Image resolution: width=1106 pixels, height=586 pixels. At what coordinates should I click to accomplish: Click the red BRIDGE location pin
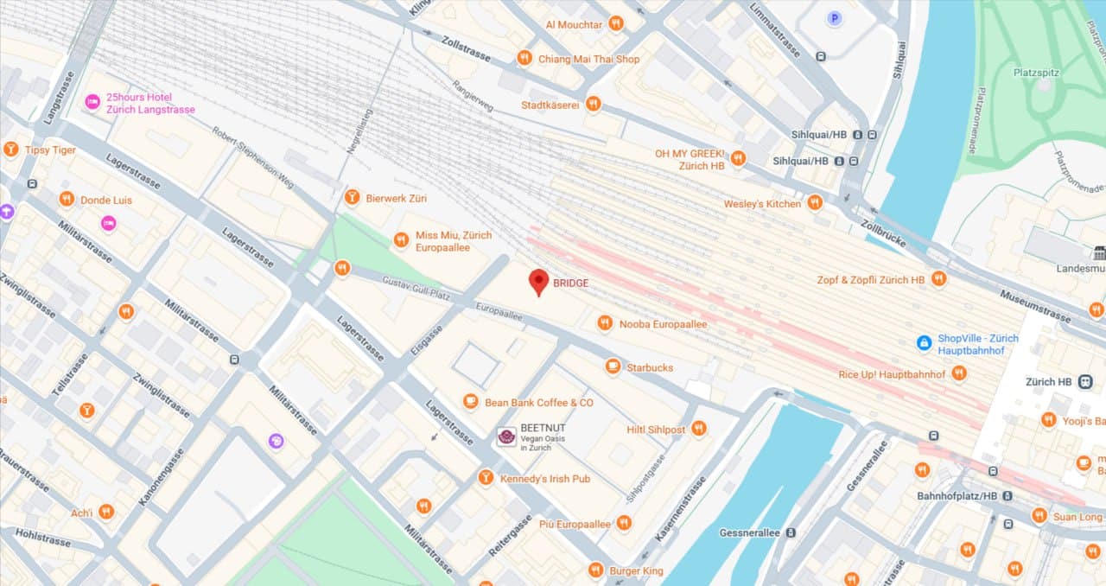tap(539, 281)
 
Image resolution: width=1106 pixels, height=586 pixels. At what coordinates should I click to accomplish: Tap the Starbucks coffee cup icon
tap(613, 367)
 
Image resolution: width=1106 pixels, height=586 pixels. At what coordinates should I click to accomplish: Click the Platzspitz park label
tap(1036, 73)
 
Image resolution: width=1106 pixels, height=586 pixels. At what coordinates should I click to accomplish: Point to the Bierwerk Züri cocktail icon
tap(352, 198)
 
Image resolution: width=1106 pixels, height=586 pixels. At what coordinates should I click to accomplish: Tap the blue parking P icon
tap(834, 17)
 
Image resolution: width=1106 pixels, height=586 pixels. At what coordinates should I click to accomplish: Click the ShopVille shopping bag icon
tap(925, 343)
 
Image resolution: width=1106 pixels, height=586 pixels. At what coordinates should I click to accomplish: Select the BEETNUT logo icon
tap(506, 437)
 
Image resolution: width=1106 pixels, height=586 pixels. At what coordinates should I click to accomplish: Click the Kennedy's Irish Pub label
tap(544, 478)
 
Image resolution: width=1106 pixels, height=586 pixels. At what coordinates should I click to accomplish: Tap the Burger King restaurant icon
tap(595, 570)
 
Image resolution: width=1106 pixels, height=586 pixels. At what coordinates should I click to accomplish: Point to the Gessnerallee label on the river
tap(749, 533)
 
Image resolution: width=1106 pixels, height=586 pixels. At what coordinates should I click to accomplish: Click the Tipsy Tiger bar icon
tap(11, 150)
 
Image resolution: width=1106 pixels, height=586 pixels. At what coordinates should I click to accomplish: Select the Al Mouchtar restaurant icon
tap(616, 24)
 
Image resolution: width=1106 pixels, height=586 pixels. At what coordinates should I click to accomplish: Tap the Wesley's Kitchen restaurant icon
tap(814, 203)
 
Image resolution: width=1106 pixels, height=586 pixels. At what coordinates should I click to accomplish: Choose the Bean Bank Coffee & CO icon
tap(471, 402)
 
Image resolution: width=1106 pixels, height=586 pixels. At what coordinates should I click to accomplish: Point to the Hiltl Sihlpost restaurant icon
tap(699, 429)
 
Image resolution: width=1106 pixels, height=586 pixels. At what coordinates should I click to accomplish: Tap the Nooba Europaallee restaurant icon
tap(605, 323)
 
